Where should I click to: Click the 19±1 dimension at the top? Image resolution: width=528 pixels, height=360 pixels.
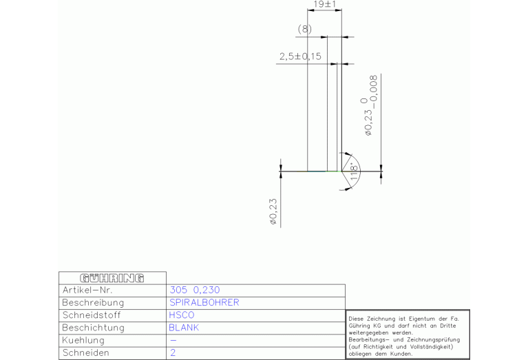(324, 5)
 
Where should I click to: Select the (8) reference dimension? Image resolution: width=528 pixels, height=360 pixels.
(304, 29)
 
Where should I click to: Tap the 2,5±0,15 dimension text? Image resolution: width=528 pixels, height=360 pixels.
(300, 56)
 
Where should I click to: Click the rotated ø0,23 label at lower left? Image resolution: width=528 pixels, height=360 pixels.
(273, 212)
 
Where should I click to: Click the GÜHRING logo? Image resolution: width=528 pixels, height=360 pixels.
(112, 278)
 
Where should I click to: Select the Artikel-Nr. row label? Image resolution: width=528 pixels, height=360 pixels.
(87, 290)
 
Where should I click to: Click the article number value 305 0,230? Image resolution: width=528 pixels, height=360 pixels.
(194, 290)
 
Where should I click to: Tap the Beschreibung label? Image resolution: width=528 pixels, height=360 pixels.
(93, 303)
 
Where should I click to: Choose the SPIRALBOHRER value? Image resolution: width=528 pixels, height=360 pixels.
(204, 303)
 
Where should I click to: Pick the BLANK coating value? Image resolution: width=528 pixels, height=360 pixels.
(184, 328)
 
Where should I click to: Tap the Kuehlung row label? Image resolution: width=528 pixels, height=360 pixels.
(83, 340)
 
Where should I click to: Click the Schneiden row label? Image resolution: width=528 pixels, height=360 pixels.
(85, 352)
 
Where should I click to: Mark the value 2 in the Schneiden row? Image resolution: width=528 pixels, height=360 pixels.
(172, 352)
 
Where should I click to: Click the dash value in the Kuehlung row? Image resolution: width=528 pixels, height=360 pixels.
(173, 340)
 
